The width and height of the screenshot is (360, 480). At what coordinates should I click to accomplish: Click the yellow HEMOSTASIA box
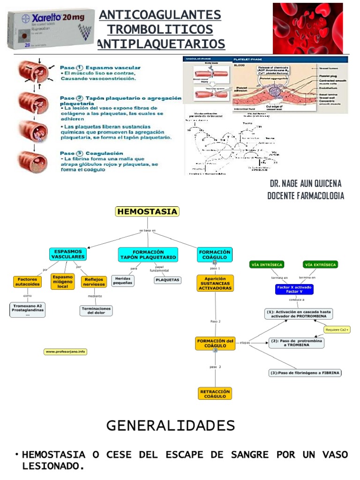pyautogui.click(x=147, y=212)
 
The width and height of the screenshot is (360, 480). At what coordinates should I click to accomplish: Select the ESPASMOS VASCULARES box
pyautogui.click(x=68, y=254)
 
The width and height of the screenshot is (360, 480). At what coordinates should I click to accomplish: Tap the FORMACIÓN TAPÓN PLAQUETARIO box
pyautogui.click(x=148, y=255)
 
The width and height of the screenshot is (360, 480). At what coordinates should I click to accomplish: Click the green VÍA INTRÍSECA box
pyautogui.click(x=266, y=265)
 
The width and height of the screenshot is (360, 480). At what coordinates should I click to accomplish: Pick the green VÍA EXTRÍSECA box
pyautogui.click(x=320, y=265)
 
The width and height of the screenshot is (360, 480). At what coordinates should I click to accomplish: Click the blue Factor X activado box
pyautogui.click(x=293, y=289)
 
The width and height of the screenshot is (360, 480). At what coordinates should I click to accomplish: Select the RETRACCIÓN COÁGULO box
pyautogui.click(x=215, y=393)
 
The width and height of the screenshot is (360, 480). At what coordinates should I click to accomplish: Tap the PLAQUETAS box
pyautogui.click(x=167, y=280)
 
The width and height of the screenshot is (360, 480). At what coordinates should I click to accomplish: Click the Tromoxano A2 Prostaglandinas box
pyautogui.click(x=28, y=310)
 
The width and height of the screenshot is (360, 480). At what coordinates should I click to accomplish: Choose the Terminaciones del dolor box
pyautogui.click(x=96, y=311)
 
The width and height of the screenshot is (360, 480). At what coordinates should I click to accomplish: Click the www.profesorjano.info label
pyautogui.click(x=66, y=352)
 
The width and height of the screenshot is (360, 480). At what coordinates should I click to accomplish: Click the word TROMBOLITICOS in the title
pyautogui.click(x=160, y=30)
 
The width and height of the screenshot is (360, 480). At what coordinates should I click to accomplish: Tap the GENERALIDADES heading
pyautogui.click(x=171, y=426)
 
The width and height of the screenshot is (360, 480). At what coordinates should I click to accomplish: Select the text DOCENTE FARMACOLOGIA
pyautogui.click(x=306, y=196)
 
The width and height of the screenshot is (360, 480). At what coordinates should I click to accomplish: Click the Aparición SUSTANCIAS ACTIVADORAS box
pyautogui.click(x=215, y=283)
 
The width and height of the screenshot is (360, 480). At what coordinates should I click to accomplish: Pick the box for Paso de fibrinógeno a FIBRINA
pyautogui.click(x=305, y=373)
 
